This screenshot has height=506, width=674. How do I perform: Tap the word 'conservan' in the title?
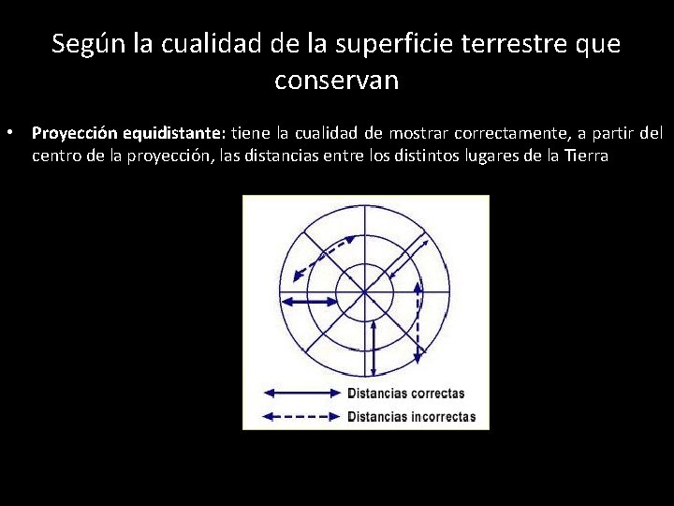(x=337, y=81)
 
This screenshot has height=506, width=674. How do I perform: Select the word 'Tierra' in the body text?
(x=583, y=156)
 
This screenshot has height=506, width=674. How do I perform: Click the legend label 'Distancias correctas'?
(x=405, y=393)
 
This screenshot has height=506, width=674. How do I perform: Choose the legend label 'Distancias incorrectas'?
(x=411, y=416)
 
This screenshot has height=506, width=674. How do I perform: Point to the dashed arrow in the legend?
(x=301, y=416)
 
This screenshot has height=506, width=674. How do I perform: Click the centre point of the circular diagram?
(x=365, y=292)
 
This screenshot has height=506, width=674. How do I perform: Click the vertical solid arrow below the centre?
(x=374, y=347)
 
